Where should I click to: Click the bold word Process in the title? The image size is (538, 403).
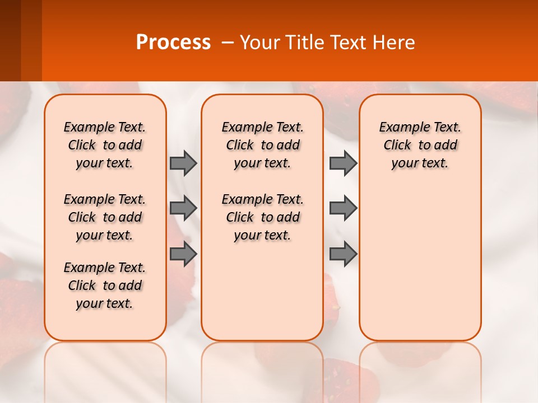point(173,43)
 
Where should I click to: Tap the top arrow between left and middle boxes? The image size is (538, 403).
point(183,163)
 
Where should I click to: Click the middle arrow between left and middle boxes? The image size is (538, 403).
point(183,208)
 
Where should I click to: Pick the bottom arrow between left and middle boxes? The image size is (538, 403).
point(183,254)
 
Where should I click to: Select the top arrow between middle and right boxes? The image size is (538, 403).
point(343,163)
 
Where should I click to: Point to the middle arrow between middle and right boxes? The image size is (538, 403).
point(343,208)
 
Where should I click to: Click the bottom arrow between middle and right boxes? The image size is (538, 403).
point(343,254)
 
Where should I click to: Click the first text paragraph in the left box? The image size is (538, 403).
point(105,145)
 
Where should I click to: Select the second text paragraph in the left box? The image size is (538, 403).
point(105,217)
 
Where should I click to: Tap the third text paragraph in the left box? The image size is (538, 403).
point(105,285)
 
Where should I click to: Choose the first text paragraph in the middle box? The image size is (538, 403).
point(262,145)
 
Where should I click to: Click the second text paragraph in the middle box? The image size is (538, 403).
point(262,217)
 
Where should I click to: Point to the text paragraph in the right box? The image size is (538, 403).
point(420,145)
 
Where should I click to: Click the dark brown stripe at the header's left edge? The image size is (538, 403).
point(10,40)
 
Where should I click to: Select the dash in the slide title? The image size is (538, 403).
point(227,43)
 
